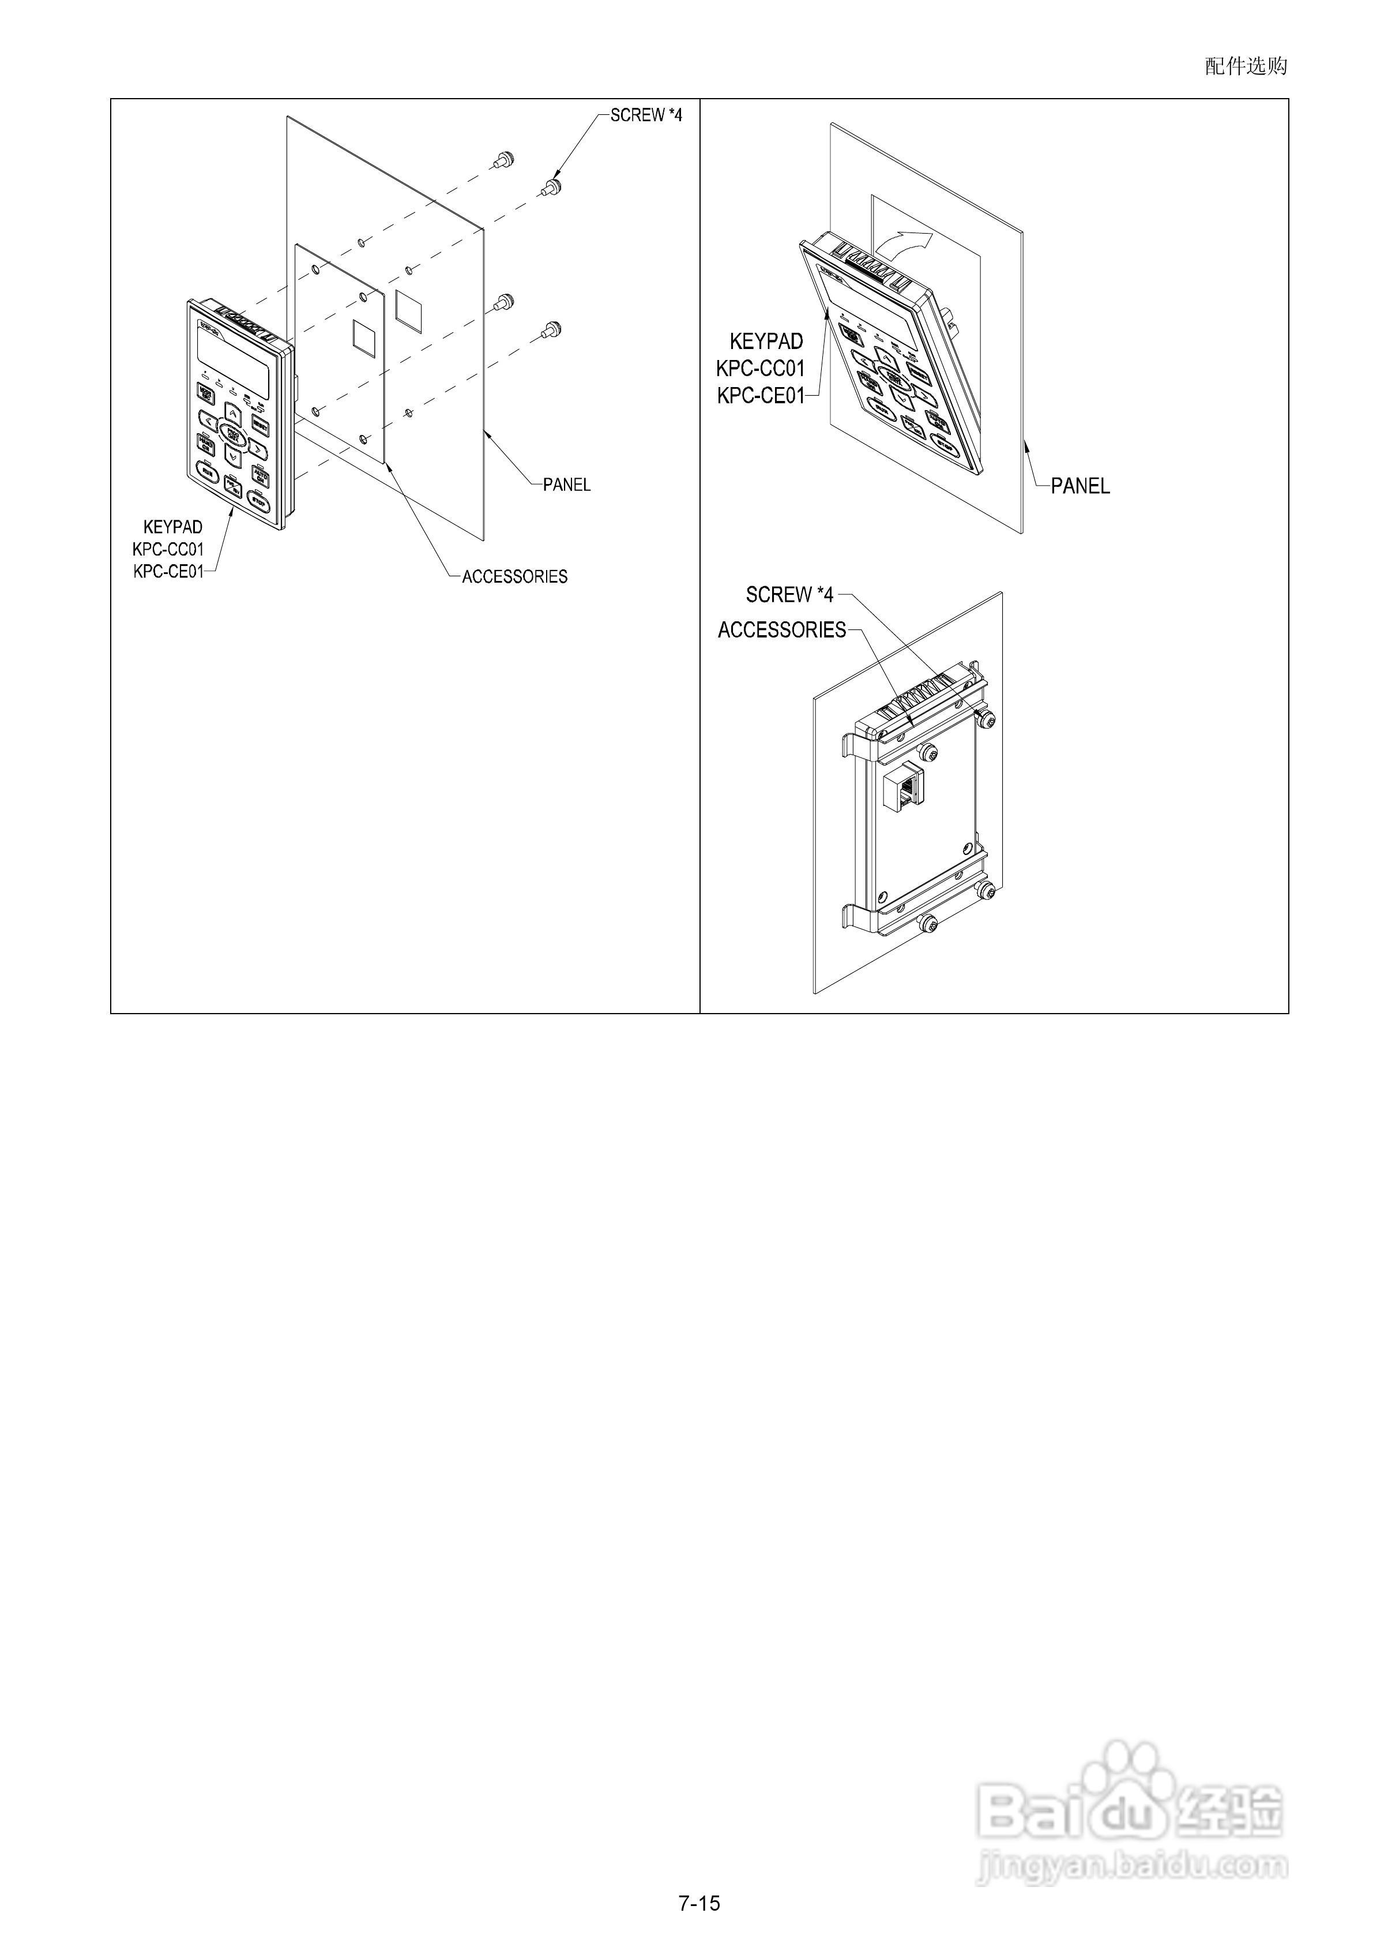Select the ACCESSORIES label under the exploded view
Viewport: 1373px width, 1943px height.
point(514,576)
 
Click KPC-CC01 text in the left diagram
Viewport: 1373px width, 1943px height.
point(168,549)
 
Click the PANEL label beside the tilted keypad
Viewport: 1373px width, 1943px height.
point(1079,486)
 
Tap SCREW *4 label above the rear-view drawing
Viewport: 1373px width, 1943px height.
point(789,595)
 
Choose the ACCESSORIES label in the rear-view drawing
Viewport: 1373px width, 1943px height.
point(782,629)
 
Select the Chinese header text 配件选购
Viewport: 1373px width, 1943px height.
point(1245,66)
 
